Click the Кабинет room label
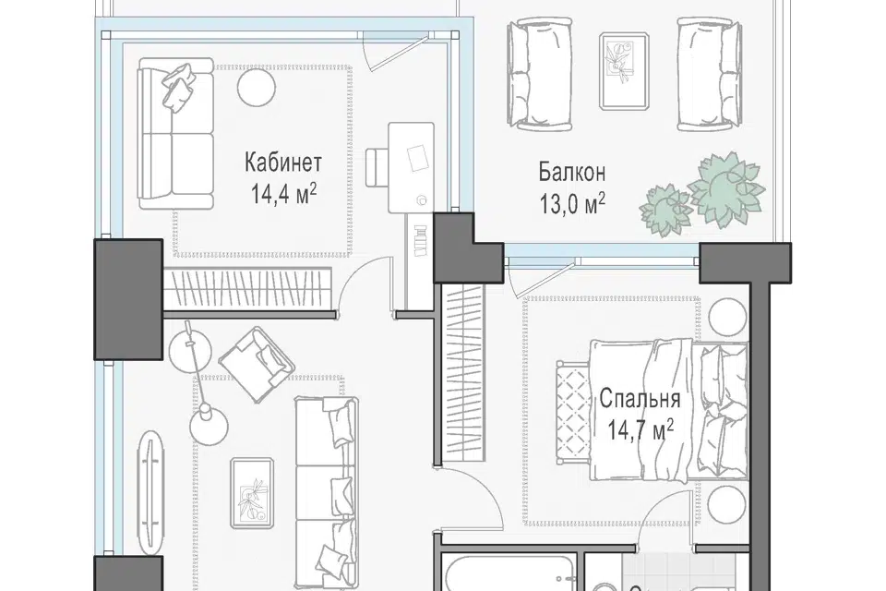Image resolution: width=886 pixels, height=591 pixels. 283,163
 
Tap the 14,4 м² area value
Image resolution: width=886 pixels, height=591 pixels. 283,194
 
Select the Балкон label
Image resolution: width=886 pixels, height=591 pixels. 572,172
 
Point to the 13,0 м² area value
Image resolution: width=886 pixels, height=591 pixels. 573,203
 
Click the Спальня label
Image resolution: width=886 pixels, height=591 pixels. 640,399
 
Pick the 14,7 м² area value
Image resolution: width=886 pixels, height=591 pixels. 641,429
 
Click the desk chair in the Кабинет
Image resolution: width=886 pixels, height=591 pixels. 377,167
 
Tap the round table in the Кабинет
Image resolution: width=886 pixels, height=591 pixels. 256,88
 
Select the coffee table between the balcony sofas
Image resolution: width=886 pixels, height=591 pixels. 625,70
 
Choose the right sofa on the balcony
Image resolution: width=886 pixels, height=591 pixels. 709,74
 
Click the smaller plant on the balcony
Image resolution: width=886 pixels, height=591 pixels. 665,210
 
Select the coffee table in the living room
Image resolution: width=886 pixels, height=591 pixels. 252,493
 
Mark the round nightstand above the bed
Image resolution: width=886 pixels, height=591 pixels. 728,318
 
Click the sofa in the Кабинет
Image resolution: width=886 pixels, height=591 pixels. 175,134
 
